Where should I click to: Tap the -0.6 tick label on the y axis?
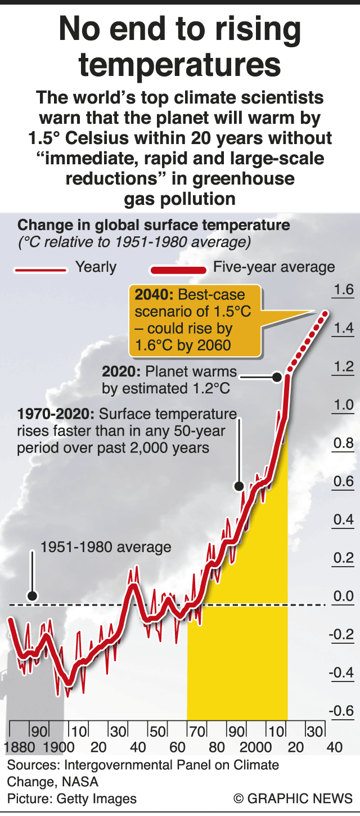[x=341, y=711]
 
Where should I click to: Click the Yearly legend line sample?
[x=40, y=270]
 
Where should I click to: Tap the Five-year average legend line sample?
[x=177, y=271]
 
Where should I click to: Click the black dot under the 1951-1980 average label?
[x=33, y=596]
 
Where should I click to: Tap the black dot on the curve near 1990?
[x=238, y=485]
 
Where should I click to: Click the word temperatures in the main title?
[x=180, y=65]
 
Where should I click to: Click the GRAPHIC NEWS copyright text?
[x=293, y=799]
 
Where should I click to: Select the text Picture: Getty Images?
[x=71, y=799]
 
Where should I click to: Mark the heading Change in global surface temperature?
[x=154, y=226]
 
